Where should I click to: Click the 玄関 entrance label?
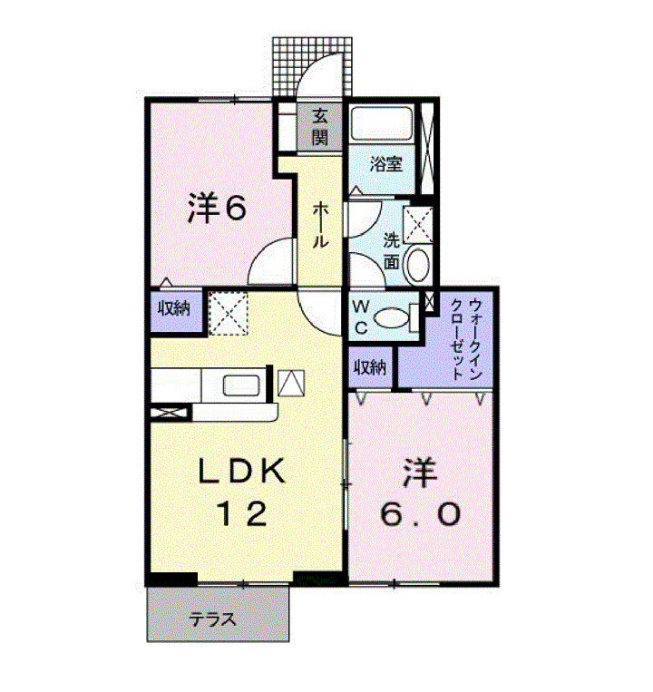point(320,127)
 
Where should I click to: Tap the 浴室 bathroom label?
point(386,164)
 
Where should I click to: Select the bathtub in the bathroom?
point(383,123)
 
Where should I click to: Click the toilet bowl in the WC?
point(393,318)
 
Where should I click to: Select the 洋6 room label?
point(217,210)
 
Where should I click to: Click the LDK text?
point(242,473)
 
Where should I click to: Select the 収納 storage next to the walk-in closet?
point(370,367)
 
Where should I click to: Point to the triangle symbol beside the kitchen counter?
point(291,383)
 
